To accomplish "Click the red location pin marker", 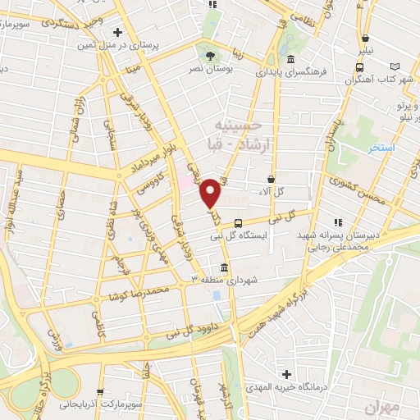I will tap(212, 193).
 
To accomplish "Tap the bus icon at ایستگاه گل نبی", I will tap(238, 222).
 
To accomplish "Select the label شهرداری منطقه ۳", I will tap(225, 280).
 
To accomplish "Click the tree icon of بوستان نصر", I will tap(212, 57).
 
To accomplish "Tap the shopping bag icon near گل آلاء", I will tap(272, 178).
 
